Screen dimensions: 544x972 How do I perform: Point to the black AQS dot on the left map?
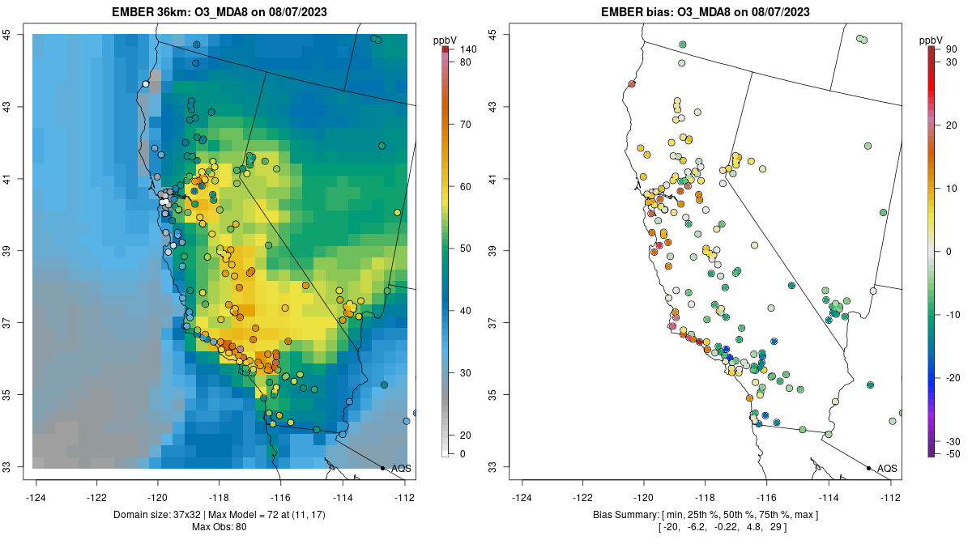click(x=382, y=468)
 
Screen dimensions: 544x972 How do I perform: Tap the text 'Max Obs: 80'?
click(x=219, y=527)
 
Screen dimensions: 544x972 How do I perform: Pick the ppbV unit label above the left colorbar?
click(x=445, y=39)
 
